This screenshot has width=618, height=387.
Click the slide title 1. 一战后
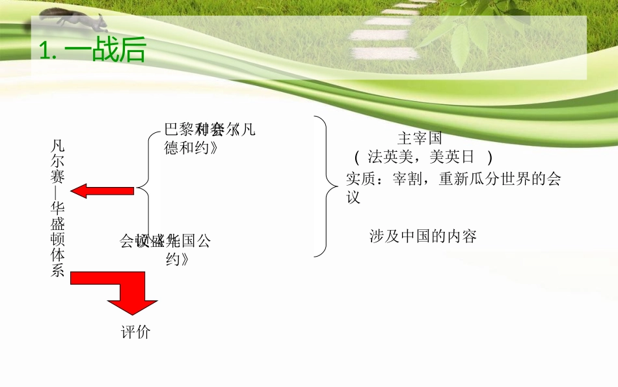pyautogui.click(x=92, y=51)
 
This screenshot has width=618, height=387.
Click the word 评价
pyautogui.click(x=135, y=332)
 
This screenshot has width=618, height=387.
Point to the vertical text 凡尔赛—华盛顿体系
pyautogui.click(x=57, y=207)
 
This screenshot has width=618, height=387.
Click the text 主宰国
pyautogui.click(x=420, y=138)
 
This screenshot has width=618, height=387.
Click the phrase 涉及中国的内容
pyautogui.click(x=423, y=236)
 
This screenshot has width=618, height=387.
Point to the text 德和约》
pyautogui.click(x=191, y=148)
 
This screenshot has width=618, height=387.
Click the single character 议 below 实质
pyautogui.click(x=353, y=197)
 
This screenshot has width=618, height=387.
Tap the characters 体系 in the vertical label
pyautogui.click(x=57, y=263)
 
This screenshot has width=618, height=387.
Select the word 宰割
pyautogui.click(x=409, y=179)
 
